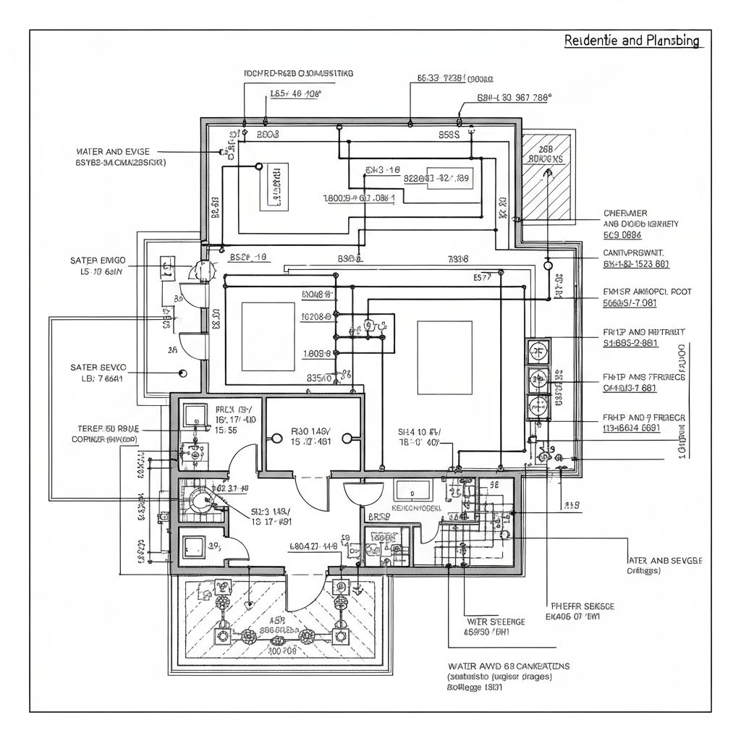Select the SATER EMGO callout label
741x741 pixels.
click(x=98, y=259)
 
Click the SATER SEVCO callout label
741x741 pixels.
click(x=99, y=367)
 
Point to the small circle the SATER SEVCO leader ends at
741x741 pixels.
click(x=182, y=373)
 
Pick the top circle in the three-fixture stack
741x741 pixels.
click(x=539, y=352)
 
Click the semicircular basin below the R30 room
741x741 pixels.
click(x=363, y=493)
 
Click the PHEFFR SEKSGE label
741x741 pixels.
click(x=583, y=606)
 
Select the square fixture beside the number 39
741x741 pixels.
click(x=194, y=546)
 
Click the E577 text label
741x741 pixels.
click(x=483, y=276)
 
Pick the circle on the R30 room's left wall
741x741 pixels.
click(x=276, y=437)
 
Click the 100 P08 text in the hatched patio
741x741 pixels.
click(x=284, y=651)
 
